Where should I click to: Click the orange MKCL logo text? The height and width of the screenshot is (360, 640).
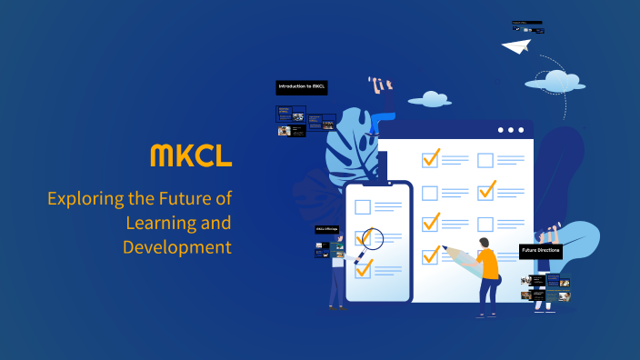coord(190,155)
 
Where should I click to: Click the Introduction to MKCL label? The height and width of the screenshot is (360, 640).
coord(301,87)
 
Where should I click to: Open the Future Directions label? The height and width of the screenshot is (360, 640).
coord(541,250)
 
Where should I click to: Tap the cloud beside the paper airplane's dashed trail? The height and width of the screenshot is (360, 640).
coord(558,79)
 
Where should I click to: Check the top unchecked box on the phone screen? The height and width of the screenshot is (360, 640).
coord(363,206)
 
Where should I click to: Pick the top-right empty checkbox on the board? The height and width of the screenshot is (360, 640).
coord(485,160)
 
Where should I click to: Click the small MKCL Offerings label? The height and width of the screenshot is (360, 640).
coord(325,229)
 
